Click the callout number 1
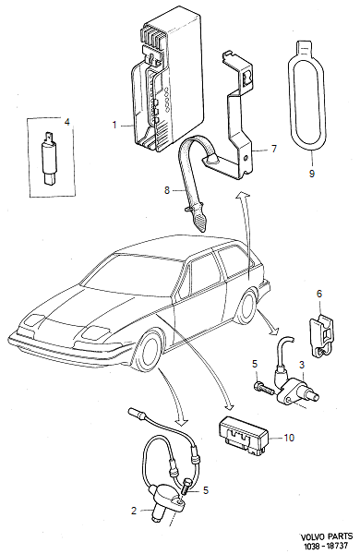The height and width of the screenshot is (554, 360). (x=114, y=124)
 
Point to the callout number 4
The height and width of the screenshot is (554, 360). (x=66, y=121)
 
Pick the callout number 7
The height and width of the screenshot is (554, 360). (x=273, y=148)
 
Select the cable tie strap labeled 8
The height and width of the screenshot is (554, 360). (x=196, y=180)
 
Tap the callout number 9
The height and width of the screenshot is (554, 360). (x=312, y=171)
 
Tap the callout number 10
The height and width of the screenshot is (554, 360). (x=288, y=438)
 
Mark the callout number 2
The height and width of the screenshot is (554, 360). (x=133, y=510)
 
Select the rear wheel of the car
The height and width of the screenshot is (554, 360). (x=247, y=306)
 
